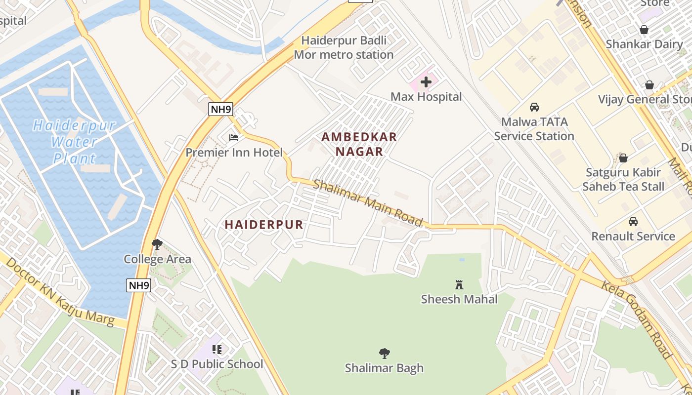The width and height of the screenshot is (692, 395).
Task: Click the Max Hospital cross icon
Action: [426, 82]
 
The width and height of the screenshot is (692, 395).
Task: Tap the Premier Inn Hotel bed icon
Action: [234, 138]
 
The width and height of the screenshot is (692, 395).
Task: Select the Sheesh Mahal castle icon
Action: [459, 284]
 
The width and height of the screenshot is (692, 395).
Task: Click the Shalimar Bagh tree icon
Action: [384, 354]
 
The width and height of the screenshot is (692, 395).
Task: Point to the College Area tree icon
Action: [157, 244]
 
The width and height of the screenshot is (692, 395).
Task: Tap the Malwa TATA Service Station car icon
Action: [534, 107]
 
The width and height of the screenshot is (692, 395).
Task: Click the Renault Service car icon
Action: [633, 222]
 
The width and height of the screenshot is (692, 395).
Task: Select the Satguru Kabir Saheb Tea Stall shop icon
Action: [623, 158]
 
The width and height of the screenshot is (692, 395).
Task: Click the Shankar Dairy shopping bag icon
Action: [644, 30]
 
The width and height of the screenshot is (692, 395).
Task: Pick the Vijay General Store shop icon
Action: [649, 85]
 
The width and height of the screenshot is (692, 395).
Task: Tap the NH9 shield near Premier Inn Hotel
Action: [220, 110]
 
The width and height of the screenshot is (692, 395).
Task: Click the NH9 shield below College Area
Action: [138, 285]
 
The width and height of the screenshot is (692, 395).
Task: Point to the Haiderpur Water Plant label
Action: [74, 142]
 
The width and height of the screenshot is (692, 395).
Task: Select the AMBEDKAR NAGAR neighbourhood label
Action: [359, 144]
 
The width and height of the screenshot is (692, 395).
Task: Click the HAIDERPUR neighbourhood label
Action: [264, 225]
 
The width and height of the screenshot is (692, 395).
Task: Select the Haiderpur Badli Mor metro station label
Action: [344, 47]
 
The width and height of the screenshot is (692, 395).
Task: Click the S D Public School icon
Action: [216, 350]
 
